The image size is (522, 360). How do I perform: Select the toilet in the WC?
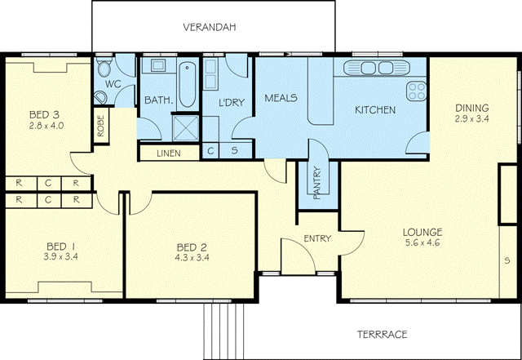pyautogui.click(x=101, y=96)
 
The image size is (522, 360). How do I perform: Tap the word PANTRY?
pyautogui.click(x=316, y=183)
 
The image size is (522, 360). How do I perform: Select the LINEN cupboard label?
pyautogui.click(x=169, y=153)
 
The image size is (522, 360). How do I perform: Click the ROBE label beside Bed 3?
pyautogui.click(x=100, y=126)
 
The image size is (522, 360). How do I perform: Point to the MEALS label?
pyautogui.click(x=281, y=98)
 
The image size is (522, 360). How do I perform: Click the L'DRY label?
pyautogui.click(x=232, y=102)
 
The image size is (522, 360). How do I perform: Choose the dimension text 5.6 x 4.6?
pyautogui.click(x=422, y=242)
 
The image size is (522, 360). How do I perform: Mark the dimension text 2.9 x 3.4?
pyautogui.click(x=471, y=118)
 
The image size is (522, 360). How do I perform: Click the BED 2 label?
pyautogui.click(x=192, y=247)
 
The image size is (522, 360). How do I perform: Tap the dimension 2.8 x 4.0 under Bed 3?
pyautogui.click(x=46, y=126)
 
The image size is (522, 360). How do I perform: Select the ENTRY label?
pyautogui.click(x=316, y=238)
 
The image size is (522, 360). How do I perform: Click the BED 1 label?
pyautogui.click(x=61, y=247)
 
